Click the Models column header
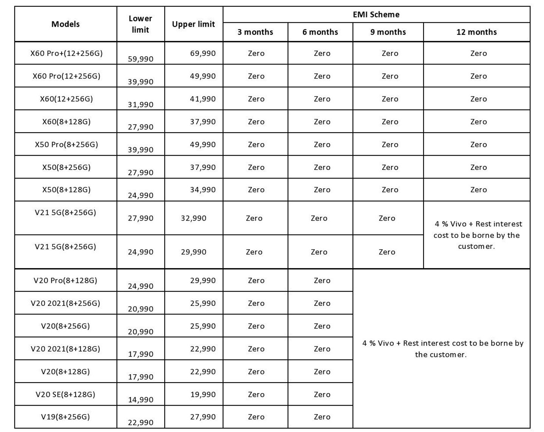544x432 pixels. pos(65,24)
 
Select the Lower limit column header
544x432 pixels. pos(140,24)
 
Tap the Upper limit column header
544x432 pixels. pos(193,24)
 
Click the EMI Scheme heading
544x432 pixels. pos(376,15)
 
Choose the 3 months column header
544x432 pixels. pos(255,32)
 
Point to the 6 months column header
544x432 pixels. pos(320,32)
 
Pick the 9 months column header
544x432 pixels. pos(388,32)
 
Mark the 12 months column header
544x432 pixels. pos(476,32)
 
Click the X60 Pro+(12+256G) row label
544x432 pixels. pos(66,53)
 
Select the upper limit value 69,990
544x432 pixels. pos(203,53)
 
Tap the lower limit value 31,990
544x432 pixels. pos(141,105)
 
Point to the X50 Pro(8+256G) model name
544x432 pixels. pos(66,145)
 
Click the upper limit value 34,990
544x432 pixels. pos(203,190)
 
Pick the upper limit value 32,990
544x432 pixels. pos(193,218)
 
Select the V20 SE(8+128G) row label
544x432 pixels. pos(65,395)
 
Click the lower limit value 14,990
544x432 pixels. pos(141,400)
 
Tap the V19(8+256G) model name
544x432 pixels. pos(65,417)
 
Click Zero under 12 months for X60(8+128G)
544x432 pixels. pos(478,122)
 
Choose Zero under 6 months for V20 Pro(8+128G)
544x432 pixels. pos(322,281)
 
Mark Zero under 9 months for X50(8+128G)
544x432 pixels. pos(390,190)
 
